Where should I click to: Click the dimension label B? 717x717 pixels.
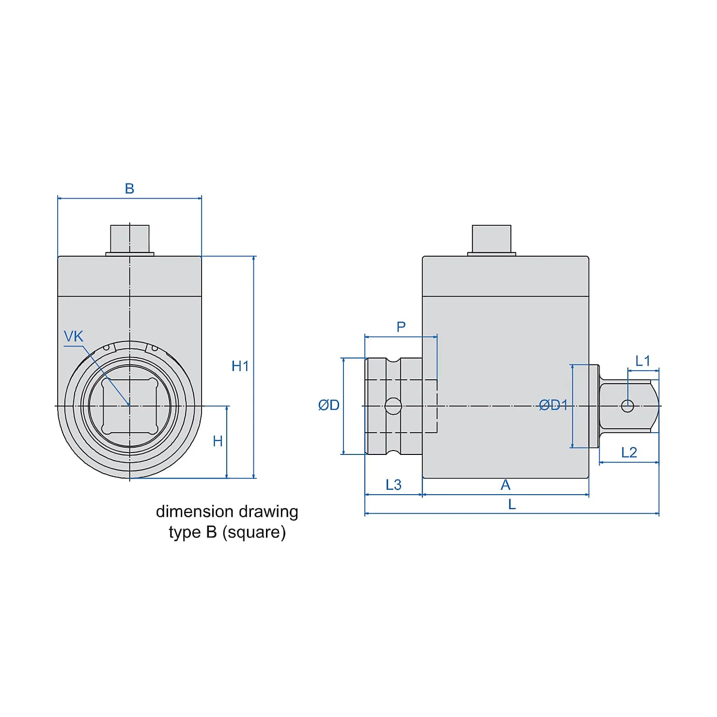click(129, 188)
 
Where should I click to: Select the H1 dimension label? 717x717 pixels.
click(240, 366)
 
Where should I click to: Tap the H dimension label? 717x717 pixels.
click(218, 441)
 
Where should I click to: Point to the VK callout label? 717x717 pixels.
click(74, 336)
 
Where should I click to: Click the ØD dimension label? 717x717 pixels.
click(329, 405)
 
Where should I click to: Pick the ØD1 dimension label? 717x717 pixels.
click(553, 405)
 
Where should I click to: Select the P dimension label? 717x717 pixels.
click(401, 327)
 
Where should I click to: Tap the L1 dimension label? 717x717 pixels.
click(643, 360)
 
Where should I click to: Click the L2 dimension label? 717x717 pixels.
click(629, 452)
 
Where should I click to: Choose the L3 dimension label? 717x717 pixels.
click(394, 484)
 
